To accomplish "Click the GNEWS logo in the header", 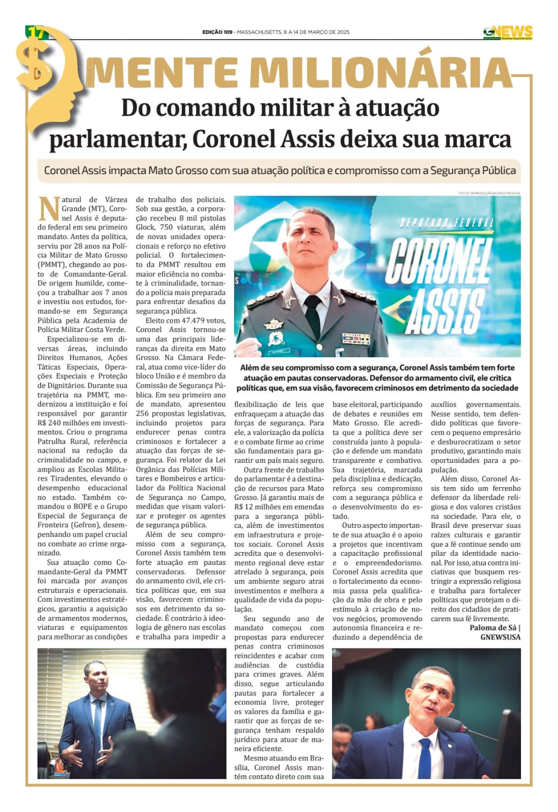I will point(508,32).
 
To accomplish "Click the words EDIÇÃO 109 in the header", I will point(217,32).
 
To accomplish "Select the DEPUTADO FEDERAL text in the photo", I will point(446,222).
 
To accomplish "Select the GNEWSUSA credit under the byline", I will point(500,637).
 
